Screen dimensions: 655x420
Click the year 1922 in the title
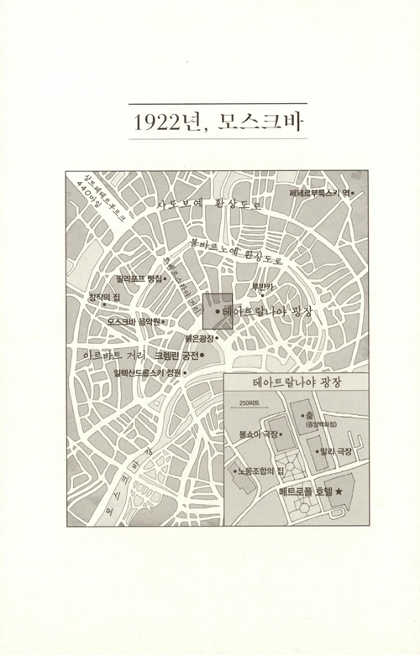point(161,122)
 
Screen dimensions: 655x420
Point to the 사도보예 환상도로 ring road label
point(209,204)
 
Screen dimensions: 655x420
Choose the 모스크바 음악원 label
point(133,320)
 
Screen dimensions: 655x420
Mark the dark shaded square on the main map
point(217,310)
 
